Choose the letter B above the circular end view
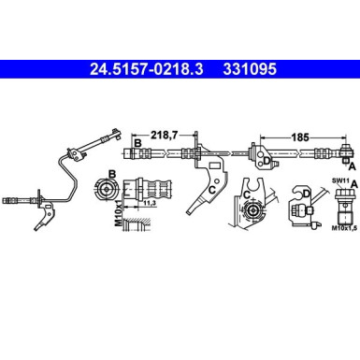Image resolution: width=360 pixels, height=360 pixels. pos(111,173)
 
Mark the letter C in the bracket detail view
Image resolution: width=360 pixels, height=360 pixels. pos(246,194)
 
